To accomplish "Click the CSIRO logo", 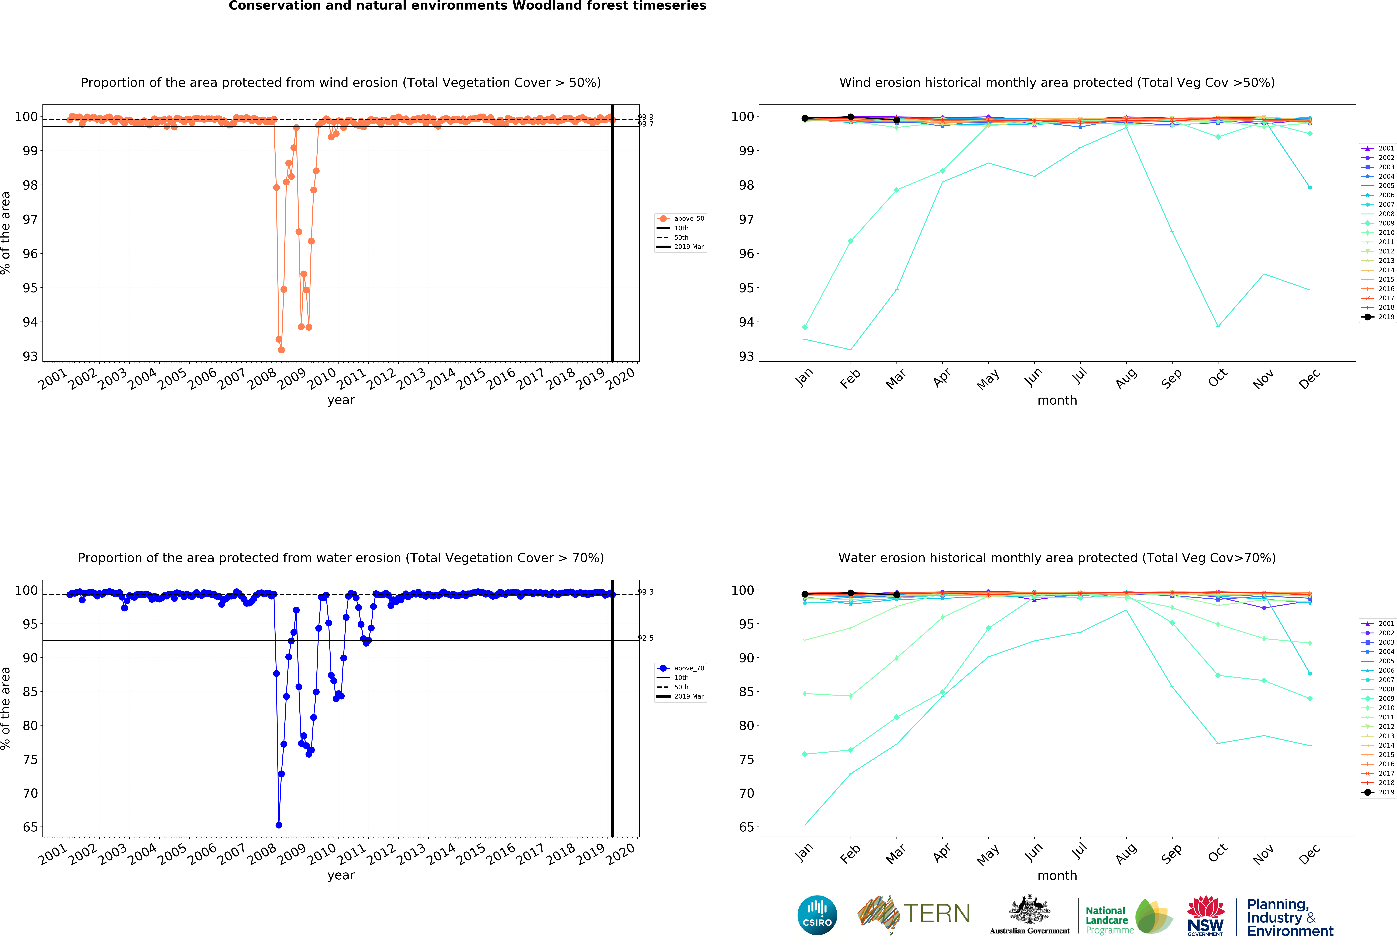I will [817, 915].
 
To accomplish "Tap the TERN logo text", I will [937, 914].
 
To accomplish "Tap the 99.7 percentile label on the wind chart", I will [646, 124].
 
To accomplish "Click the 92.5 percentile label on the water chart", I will [646, 638].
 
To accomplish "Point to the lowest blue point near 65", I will [279, 825].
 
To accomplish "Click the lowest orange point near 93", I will [281, 350].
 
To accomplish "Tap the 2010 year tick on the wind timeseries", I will [322, 379].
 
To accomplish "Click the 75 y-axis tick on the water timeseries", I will [30, 760].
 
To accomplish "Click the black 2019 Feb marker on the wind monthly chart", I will [851, 117].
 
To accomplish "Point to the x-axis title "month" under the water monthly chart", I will [1057, 876].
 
